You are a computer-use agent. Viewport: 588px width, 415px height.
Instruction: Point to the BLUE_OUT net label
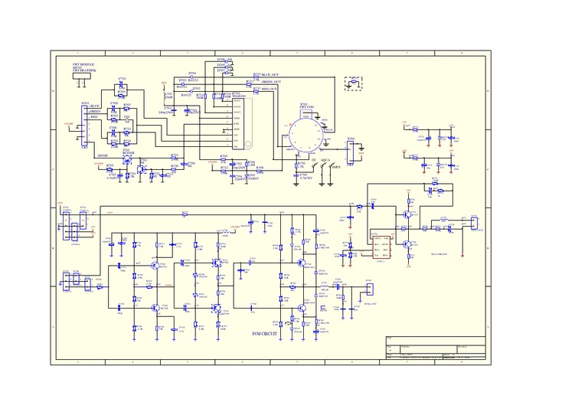(x=270, y=74)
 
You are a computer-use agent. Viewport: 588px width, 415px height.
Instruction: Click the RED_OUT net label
(x=270, y=89)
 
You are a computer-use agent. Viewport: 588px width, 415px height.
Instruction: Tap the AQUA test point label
(x=325, y=161)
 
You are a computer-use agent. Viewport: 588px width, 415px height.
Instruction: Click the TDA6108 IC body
(x=238, y=123)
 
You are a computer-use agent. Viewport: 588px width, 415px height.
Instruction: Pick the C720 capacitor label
(x=122, y=79)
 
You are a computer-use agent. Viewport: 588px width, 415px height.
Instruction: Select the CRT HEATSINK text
(x=84, y=71)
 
